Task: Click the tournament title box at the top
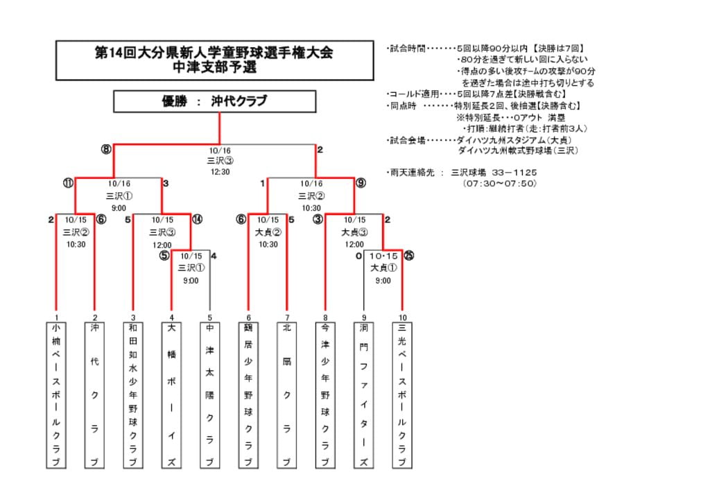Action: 214,60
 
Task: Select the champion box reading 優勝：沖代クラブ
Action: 214,101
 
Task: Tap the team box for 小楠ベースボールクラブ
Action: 56,395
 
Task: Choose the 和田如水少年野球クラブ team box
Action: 132,395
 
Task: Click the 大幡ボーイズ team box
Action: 171,395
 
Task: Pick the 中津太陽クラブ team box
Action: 209,395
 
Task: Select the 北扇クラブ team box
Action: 286,395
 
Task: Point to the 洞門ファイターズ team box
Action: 364,395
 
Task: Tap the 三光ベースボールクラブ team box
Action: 402,395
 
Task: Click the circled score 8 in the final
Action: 106,149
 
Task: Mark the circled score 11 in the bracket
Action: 68,184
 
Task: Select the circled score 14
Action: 197,220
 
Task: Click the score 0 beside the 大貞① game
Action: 358,256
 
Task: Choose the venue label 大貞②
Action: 268,232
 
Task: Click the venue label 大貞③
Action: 354,232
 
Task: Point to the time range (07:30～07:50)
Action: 499,184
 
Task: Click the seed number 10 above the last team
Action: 402,318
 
